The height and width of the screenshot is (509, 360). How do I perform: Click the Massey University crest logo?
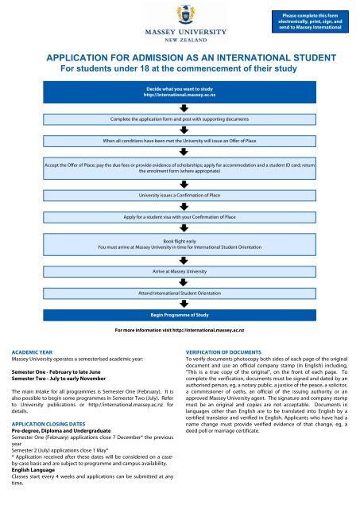(179, 14)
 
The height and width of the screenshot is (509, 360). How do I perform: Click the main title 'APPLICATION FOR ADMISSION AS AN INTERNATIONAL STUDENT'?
(180, 59)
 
